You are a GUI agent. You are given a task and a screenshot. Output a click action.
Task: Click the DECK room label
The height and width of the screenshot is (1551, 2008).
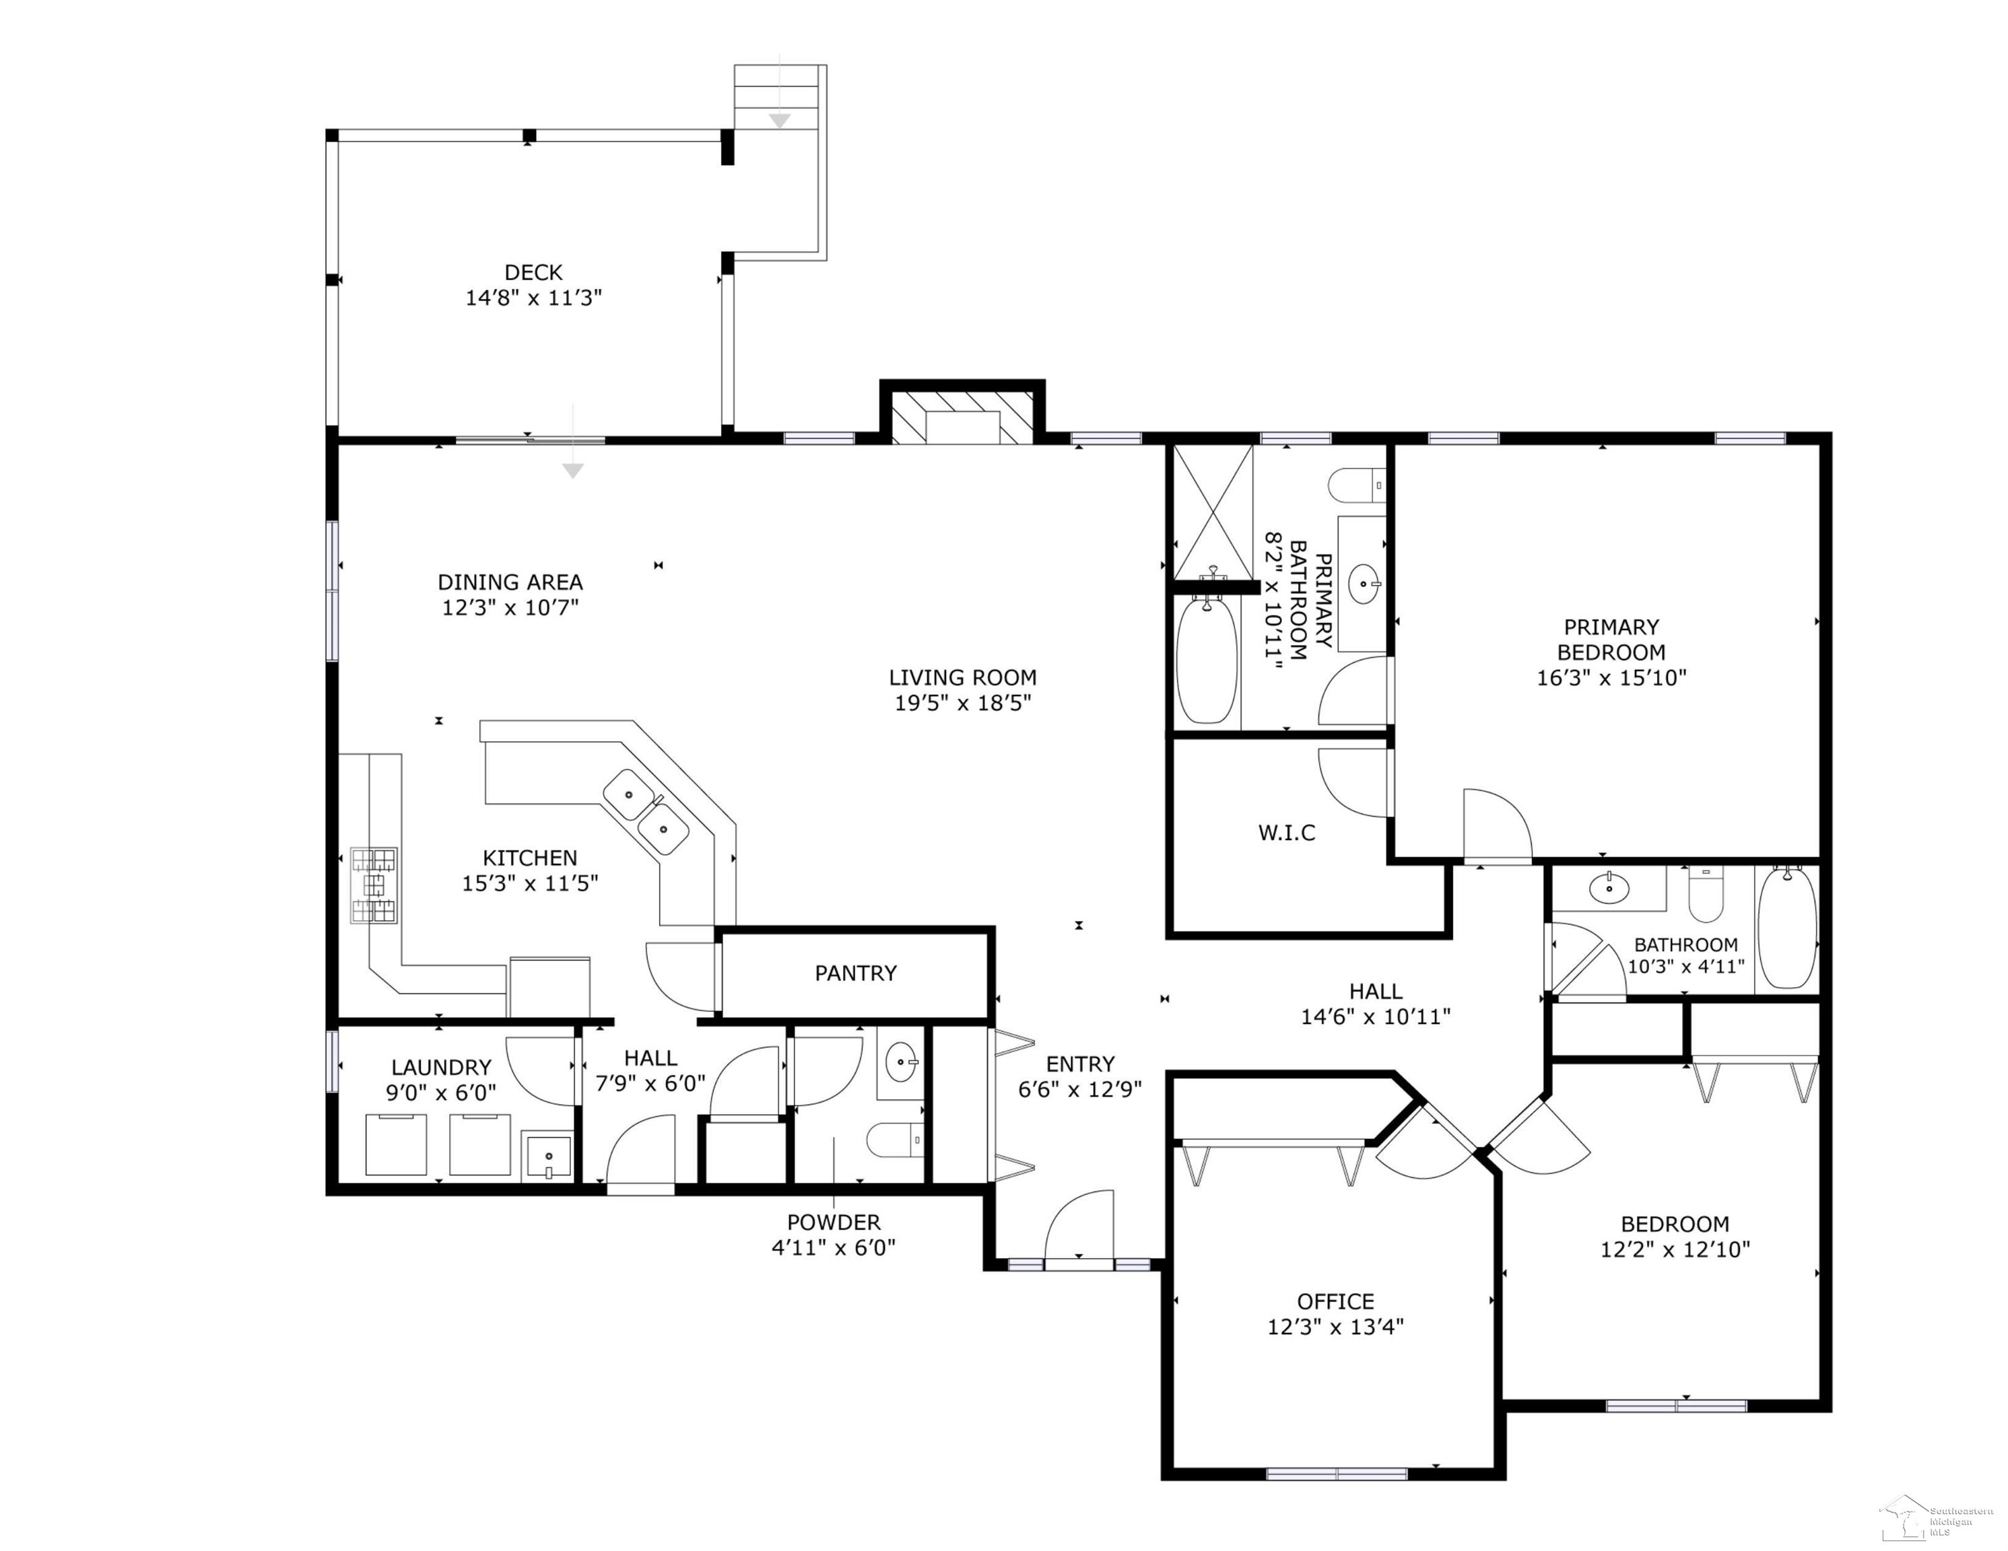[x=533, y=272]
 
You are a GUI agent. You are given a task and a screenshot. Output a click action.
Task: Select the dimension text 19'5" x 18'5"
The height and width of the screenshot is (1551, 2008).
[x=963, y=703]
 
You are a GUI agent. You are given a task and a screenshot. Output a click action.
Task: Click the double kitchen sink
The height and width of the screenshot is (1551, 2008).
[x=645, y=812]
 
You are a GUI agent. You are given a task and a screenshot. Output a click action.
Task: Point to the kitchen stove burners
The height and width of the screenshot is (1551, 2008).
[x=374, y=885]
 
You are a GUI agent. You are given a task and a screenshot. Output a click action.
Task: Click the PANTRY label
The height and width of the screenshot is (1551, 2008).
[x=856, y=973]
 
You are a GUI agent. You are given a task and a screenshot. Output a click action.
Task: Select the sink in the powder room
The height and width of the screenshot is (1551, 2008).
[x=901, y=1064]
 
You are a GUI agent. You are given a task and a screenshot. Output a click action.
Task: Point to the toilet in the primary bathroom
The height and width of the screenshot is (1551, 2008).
[x=1357, y=485]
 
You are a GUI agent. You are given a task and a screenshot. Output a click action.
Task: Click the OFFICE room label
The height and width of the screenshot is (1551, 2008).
[x=1335, y=1302]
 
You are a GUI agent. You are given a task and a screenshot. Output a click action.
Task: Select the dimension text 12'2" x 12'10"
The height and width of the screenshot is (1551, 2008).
[x=1675, y=1249]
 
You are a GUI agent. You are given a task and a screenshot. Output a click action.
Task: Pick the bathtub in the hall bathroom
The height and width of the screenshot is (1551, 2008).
[x=1786, y=928]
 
